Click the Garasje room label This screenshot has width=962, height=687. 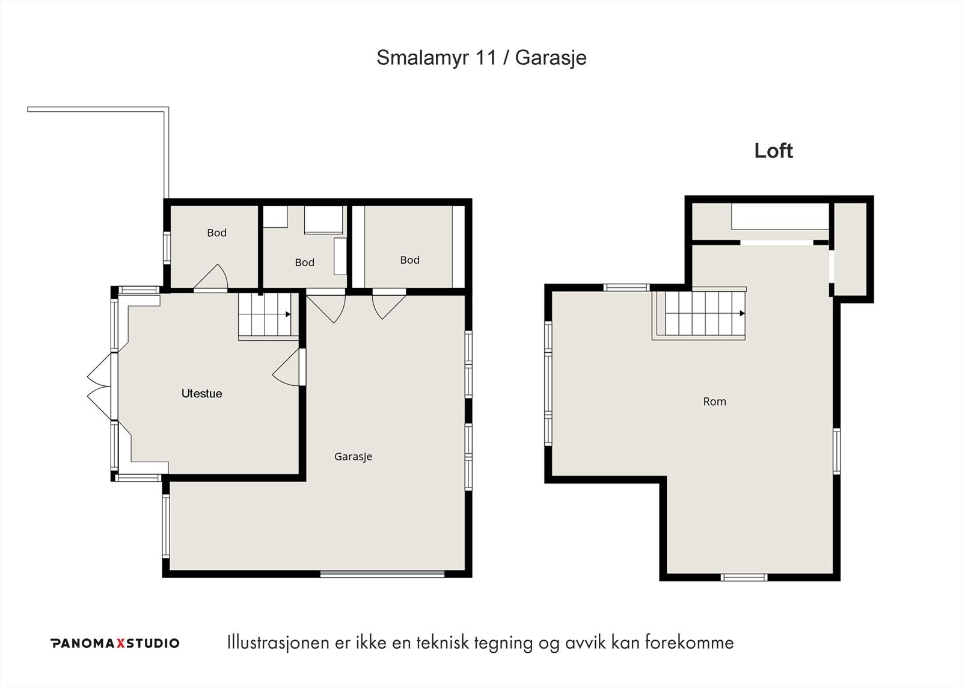coord(353,456)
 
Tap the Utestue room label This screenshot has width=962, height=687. coord(202,393)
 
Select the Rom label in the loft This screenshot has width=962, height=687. coord(715,402)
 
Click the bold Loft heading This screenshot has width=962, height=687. coord(773,151)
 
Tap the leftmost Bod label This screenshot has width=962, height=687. coord(217,233)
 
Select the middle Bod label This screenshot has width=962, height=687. coord(304,262)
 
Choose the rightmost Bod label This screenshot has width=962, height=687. coord(409,260)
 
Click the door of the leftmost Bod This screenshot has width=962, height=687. coord(210,278)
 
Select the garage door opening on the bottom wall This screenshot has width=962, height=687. coord(382,573)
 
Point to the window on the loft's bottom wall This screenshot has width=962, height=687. coord(744,578)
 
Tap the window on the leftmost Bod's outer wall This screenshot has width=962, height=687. coord(167,248)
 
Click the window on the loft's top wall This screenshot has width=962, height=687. coord(626,287)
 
